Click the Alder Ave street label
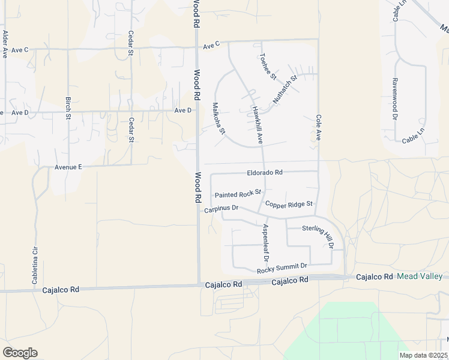pos(5,44)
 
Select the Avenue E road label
pos(67,167)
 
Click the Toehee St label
pos(268,67)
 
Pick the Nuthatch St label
pos(285,89)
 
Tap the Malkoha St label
pos(218,118)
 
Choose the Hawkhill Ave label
pos(258,125)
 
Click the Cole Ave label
pos(319,128)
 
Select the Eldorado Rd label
pos(265,173)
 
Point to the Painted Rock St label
pos(238,194)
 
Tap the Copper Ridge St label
pos(289,205)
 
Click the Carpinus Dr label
pos(221,209)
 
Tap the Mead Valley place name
pos(420,276)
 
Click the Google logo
pos(20,353)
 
